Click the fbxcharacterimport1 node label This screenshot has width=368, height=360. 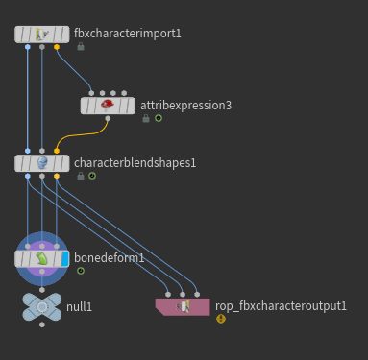[128, 34]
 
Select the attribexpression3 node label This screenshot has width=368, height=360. [185, 106]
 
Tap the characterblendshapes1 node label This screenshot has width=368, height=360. [135, 163]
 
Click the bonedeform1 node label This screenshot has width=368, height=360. [110, 258]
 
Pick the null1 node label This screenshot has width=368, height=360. [79, 307]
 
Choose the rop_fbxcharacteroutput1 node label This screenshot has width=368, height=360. [281, 306]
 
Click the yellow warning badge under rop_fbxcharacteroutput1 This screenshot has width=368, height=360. [221, 319]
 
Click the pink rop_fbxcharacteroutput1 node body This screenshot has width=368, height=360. [183, 307]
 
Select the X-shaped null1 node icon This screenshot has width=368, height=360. [42, 307]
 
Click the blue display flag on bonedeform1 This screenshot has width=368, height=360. [64, 259]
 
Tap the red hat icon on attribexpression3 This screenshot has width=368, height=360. [108, 105]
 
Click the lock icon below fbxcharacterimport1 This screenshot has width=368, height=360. [81, 47]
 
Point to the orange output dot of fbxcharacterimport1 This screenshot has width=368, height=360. [57, 47]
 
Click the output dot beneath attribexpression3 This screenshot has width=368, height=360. [108, 118]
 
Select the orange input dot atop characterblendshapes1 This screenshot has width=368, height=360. [57, 151]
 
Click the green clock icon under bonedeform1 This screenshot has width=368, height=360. [81, 271]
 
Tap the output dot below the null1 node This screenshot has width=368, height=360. [42, 324]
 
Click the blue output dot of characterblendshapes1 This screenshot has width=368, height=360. [28, 176]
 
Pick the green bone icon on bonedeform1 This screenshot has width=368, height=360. [41, 258]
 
